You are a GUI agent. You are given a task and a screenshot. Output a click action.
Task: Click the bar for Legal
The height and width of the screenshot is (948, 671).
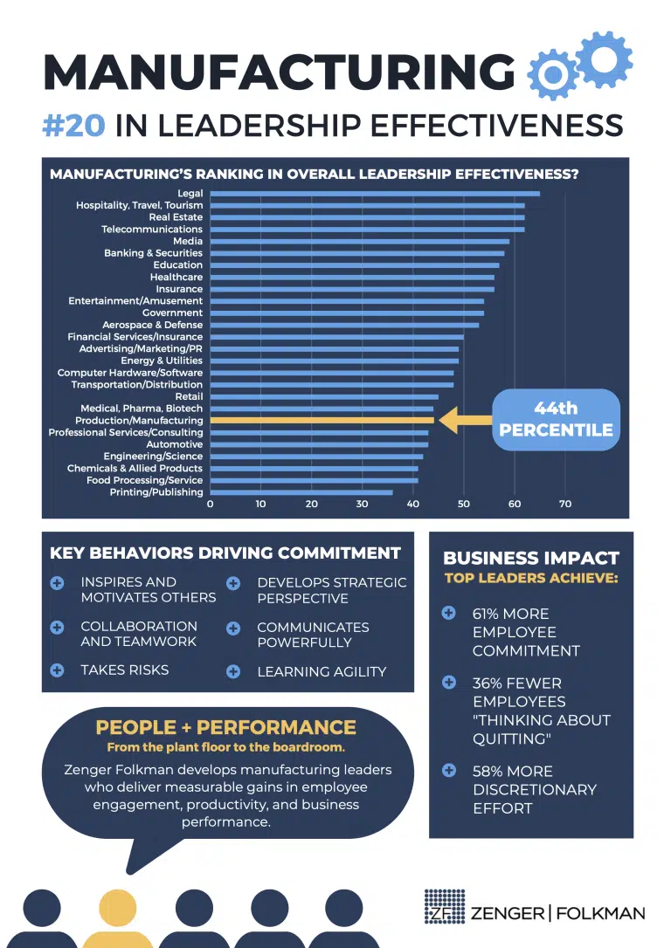click(375, 194)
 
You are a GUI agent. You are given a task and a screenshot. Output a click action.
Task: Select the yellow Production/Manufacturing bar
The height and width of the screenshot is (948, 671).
click(322, 420)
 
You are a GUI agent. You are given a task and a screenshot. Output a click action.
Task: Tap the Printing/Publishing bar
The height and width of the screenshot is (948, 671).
click(301, 492)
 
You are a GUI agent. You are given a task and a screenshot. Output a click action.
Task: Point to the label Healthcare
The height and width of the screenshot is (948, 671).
click(176, 277)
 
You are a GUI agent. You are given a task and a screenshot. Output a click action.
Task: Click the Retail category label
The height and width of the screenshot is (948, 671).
click(189, 396)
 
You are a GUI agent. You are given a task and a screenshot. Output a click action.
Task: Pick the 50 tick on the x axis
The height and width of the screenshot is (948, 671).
click(463, 504)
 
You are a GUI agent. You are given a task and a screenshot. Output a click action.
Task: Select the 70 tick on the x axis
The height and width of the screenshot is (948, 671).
click(565, 504)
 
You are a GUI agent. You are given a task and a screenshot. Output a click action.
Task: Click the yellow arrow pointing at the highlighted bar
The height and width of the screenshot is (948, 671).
click(465, 420)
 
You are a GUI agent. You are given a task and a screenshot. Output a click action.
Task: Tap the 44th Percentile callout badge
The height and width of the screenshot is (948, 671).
click(556, 419)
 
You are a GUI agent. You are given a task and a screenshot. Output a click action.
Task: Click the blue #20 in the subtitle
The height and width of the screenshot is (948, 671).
click(73, 125)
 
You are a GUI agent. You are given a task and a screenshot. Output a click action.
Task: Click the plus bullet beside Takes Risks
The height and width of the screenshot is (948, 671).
click(57, 670)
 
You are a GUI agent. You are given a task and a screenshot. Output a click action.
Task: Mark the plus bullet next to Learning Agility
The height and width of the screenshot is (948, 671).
click(233, 671)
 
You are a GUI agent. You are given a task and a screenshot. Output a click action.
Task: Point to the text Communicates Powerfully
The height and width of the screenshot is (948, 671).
click(313, 635)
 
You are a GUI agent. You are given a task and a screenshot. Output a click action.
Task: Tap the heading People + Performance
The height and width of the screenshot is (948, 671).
click(225, 727)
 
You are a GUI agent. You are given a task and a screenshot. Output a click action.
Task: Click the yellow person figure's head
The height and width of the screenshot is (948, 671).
click(117, 908)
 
